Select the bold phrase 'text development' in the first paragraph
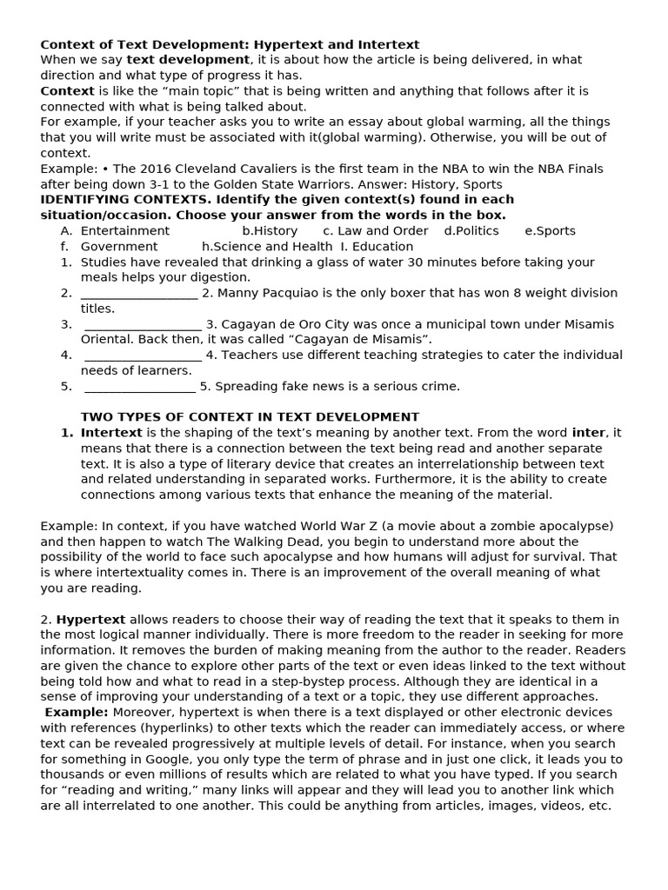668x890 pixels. pyautogui.click(x=188, y=60)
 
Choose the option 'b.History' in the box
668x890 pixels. pyautogui.click(x=270, y=231)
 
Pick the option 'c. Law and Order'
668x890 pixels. pyautogui.click(x=375, y=231)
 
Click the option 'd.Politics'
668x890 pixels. pyautogui.click(x=471, y=231)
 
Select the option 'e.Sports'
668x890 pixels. pyautogui.click(x=551, y=231)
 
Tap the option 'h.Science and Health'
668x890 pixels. pyautogui.click(x=267, y=247)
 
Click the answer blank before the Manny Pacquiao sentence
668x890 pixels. pyautogui.click(x=139, y=294)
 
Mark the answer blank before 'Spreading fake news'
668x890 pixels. pyautogui.click(x=140, y=387)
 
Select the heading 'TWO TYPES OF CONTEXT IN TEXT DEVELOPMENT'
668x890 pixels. pyautogui.click(x=250, y=417)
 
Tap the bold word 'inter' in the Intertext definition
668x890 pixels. pyautogui.click(x=588, y=433)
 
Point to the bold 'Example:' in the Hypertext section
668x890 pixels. pyautogui.click(x=77, y=713)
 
